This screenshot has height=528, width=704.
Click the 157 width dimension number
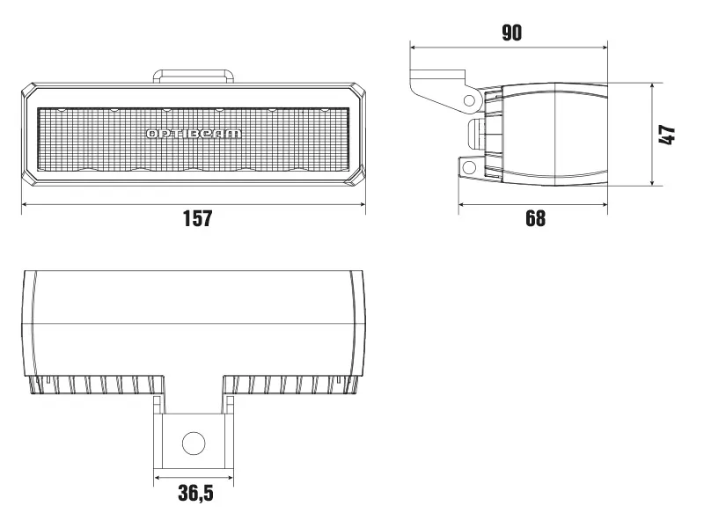pyautogui.click(x=197, y=218)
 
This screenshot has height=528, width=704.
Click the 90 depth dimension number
pyautogui.click(x=511, y=33)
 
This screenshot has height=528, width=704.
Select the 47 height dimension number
pyautogui.click(x=667, y=135)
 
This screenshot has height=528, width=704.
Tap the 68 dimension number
pyautogui.click(x=535, y=218)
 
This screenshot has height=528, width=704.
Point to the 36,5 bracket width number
pyautogui.click(x=195, y=494)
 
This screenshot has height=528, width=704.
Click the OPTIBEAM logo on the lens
pyautogui.click(x=194, y=134)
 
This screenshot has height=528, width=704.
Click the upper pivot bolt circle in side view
pyautogui.click(x=468, y=99)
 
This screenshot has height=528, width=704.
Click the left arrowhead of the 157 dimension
pyautogui.click(x=25, y=204)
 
